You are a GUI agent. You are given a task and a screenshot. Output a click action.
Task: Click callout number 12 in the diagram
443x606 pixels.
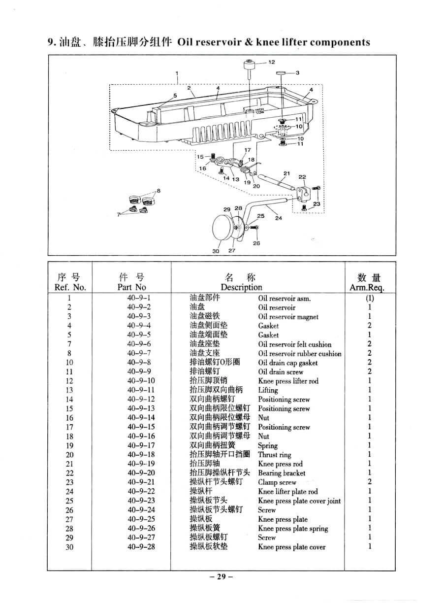272,62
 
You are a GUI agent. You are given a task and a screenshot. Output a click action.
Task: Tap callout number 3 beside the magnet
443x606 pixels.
298,73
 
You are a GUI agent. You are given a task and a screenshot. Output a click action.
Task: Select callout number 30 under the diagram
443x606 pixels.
216,251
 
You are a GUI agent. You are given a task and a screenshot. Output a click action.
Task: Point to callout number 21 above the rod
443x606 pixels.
287,173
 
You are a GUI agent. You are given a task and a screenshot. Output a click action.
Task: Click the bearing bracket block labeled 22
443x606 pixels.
302,194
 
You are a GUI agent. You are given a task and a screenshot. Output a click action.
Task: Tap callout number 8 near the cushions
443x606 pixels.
158,191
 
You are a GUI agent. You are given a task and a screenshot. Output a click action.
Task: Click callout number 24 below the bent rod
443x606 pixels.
279,218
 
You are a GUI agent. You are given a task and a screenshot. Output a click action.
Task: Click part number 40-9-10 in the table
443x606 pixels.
141,381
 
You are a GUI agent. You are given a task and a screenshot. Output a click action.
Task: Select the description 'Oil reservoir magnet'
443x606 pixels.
288,316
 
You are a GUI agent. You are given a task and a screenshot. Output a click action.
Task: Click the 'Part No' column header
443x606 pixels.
131,287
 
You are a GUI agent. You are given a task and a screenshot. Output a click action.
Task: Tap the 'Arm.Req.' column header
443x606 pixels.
367,287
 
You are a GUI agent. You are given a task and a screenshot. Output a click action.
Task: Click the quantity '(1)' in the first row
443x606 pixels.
370,298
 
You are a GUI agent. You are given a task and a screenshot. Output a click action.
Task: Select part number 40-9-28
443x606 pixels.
141,546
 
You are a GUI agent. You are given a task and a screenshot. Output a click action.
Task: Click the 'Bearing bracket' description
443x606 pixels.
282,473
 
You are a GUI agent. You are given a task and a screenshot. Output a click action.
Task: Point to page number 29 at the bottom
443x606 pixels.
221,576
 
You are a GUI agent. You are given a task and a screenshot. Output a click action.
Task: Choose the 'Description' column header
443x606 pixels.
241,287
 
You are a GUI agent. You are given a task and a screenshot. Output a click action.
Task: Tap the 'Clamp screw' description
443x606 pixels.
277,482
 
